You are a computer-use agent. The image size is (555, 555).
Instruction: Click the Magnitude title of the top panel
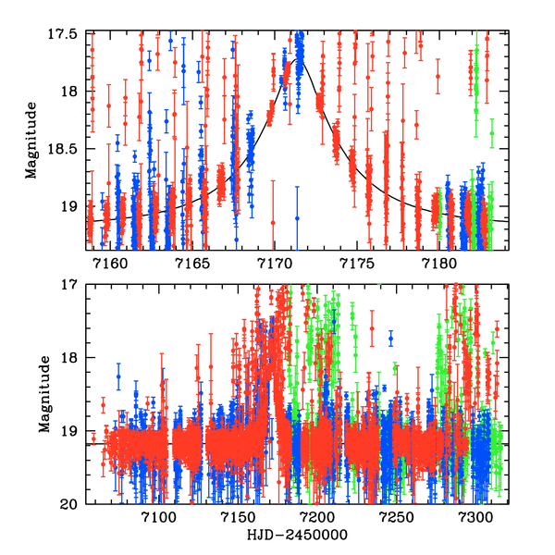point(31,140)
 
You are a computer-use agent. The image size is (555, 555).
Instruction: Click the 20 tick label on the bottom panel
point(72,504)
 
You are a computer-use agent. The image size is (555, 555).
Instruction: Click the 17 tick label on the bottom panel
point(72,286)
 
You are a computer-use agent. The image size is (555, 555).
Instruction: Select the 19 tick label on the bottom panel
point(72,431)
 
